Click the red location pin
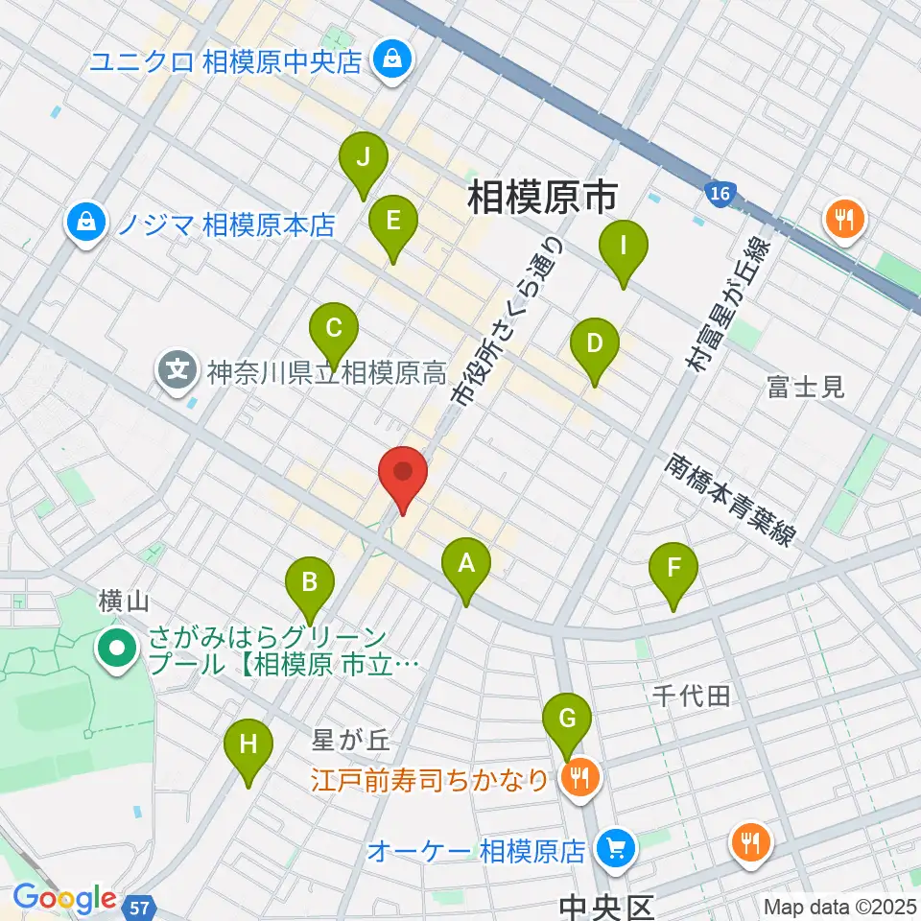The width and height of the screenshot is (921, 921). (x=403, y=474)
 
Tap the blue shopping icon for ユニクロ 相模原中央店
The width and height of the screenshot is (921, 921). (x=393, y=60)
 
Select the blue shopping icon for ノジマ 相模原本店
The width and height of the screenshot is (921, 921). (x=86, y=224)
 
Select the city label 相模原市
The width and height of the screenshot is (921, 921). (x=542, y=199)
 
